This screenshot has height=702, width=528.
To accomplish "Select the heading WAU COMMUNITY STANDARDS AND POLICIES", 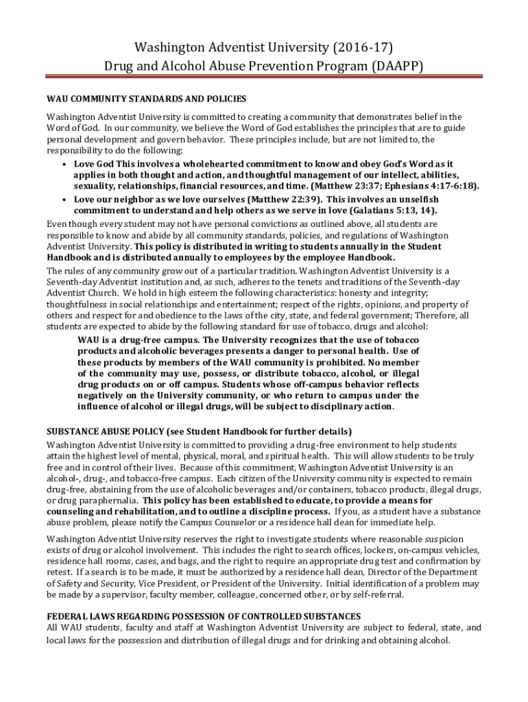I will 146,99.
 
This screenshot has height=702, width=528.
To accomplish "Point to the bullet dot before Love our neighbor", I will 64,199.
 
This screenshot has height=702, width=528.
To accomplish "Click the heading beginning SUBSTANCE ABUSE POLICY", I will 199,432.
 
